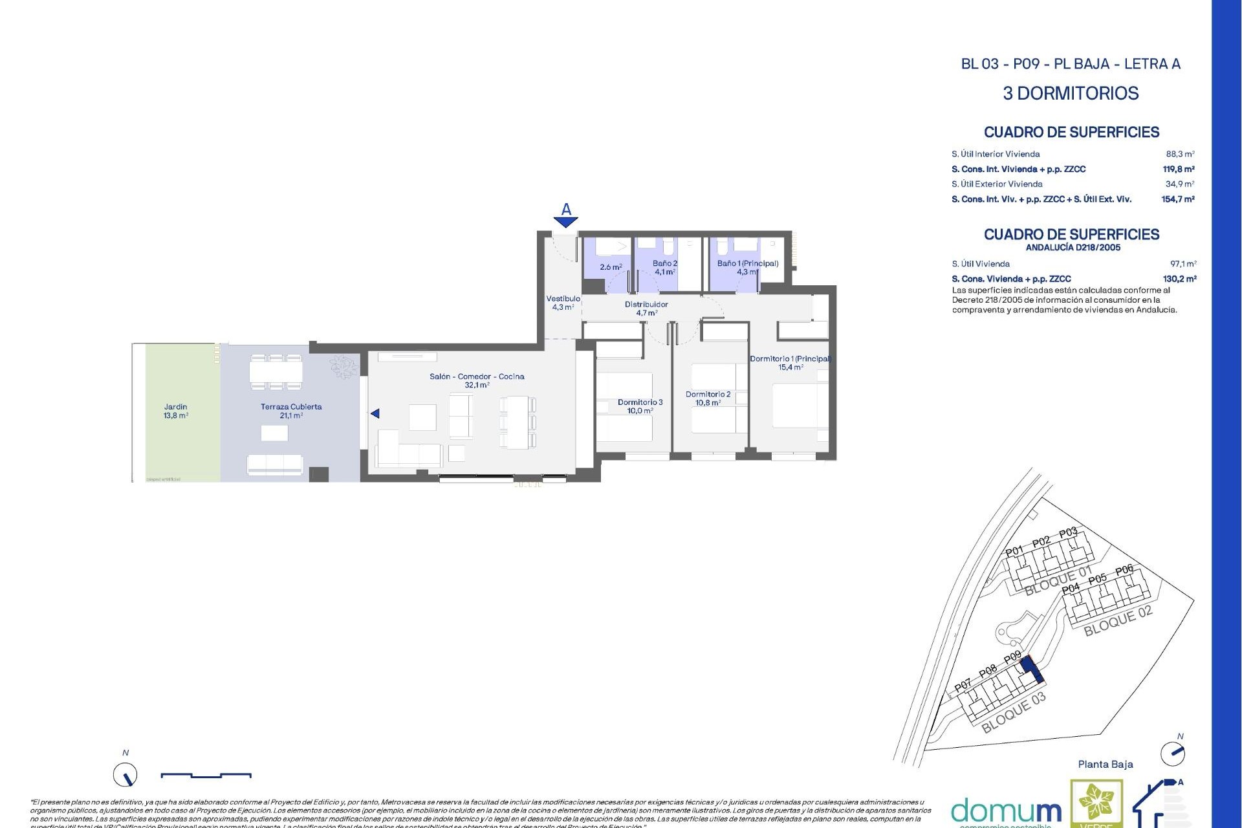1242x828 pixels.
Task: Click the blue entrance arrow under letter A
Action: [566, 223]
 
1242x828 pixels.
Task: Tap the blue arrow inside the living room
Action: [375, 413]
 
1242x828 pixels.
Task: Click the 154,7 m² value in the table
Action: [1177, 199]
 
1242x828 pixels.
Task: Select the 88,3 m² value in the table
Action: [1180, 154]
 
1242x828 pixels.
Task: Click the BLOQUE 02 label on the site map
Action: [1118, 621]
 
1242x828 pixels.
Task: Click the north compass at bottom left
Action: [125, 774]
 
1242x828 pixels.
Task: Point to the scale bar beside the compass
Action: [206, 775]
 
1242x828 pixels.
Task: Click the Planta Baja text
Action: [1105, 765]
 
